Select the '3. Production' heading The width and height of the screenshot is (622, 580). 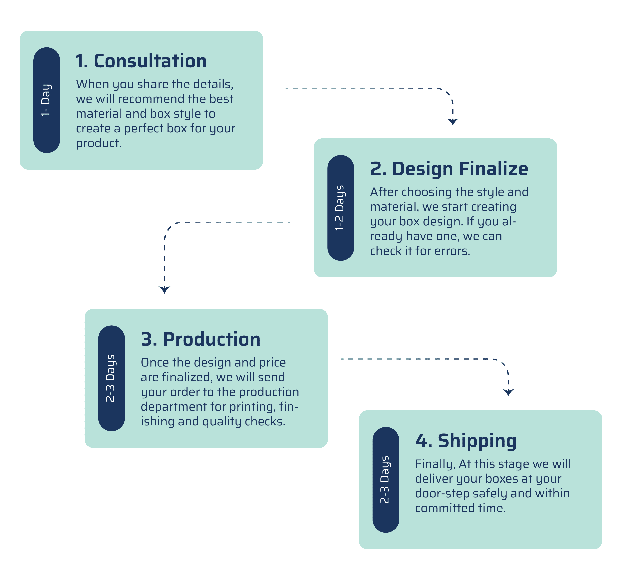pos(201,339)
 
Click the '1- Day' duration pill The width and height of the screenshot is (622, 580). pos(47,100)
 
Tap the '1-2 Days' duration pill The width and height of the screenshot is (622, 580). pos(341,208)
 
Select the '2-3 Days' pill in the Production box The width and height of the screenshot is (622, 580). pos(111,378)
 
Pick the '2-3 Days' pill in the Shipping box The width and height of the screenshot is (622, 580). pos(386,480)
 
